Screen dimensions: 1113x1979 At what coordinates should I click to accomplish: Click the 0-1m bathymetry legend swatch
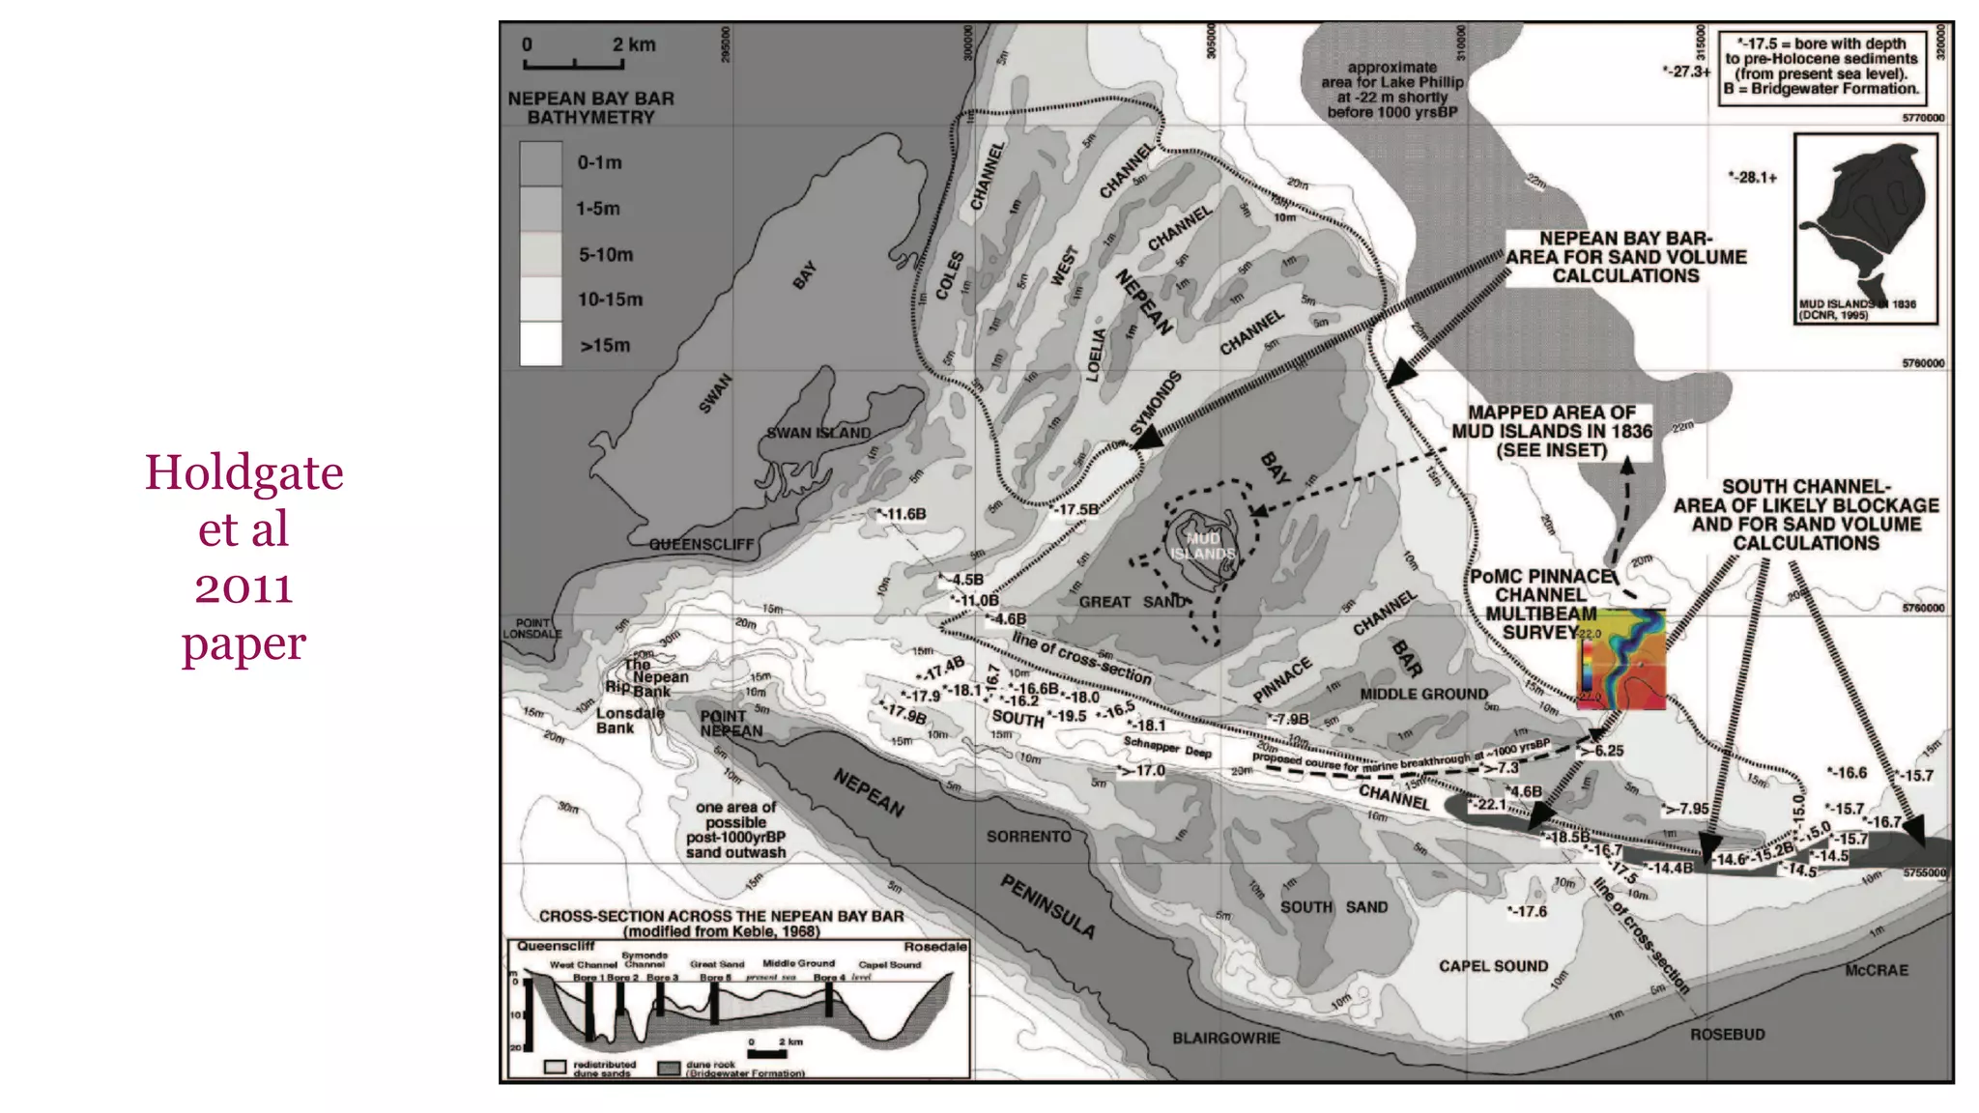pyautogui.click(x=540, y=163)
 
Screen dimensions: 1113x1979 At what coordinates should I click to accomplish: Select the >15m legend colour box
pyautogui.click(x=540, y=344)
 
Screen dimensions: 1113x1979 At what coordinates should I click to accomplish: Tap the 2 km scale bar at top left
pyautogui.click(x=574, y=64)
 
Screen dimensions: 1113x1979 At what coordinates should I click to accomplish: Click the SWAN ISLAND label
pyautogui.click(x=818, y=433)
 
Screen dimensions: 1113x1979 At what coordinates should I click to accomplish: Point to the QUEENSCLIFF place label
pyautogui.click(x=701, y=544)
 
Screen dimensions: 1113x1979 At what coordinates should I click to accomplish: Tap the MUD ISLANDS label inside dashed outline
pyautogui.click(x=1203, y=546)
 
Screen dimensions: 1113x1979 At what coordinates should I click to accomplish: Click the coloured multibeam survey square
pyautogui.click(x=1620, y=660)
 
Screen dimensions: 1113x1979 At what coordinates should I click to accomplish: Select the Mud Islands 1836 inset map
pyautogui.click(x=1865, y=228)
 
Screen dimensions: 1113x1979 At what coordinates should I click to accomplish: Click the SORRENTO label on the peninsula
pyautogui.click(x=1028, y=837)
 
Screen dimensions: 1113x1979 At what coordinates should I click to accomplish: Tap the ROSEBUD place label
pyautogui.click(x=1727, y=1035)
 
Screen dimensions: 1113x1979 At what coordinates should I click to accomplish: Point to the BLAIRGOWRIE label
pyautogui.click(x=1225, y=1038)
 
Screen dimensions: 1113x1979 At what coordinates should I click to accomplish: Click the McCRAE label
pyautogui.click(x=1876, y=970)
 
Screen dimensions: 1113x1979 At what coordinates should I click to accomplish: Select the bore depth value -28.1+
pyautogui.click(x=1753, y=178)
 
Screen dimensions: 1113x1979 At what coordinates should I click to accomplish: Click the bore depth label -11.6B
pyautogui.click(x=902, y=514)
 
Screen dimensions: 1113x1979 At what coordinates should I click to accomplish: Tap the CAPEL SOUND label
pyautogui.click(x=1493, y=966)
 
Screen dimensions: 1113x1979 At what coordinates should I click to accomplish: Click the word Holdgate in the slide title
pyautogui.click(x=244, y=473)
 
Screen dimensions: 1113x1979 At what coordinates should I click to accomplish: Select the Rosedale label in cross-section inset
pyautogui.click(x=934, y=947)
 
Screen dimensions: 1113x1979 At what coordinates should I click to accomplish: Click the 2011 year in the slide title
pyautogui.click(x=244, y=587)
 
